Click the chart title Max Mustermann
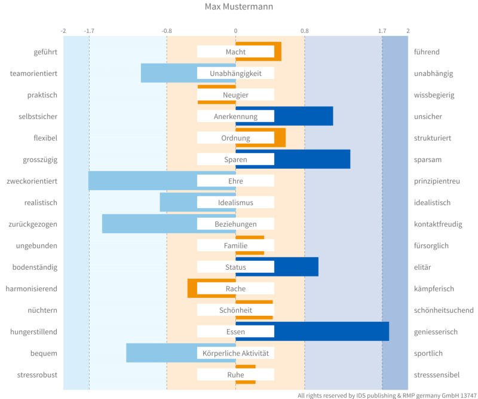(x=238, y=7)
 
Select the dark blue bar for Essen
(x=332, y=331)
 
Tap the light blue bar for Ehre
(x=143, y=181)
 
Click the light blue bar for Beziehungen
(x=149, y=224)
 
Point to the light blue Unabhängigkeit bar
(x=168, y=73)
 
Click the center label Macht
(x=235, y=52)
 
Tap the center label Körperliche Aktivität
(x=235, y=354)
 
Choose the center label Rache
(x=235, y=289)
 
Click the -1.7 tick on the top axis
(x=90, y=31)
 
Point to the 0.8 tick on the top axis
(x=304, y=31)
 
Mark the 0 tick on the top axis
(x=235, y=31)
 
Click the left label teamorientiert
(x=33, y=74)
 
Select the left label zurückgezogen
(x=33, y=224)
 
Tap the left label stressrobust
(x=38, y=375)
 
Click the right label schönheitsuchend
(x=443, y=310)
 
